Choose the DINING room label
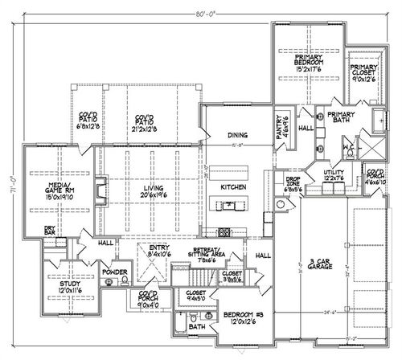[236, 135]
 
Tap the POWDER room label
[121, 272]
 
